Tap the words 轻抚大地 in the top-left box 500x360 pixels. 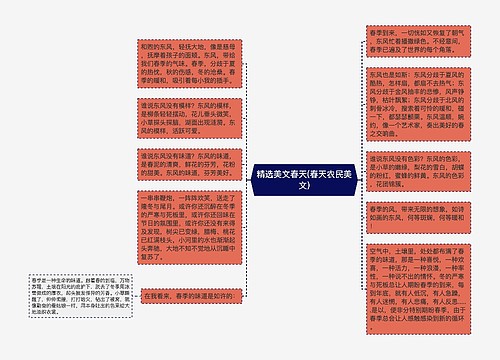click(x=194, y=45)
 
